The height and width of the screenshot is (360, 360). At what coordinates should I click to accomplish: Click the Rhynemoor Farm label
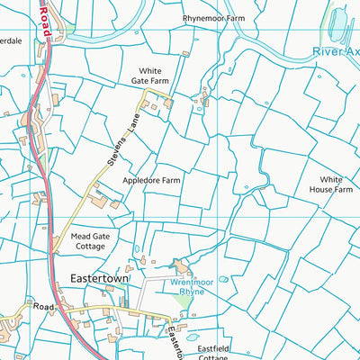tap(214, 17)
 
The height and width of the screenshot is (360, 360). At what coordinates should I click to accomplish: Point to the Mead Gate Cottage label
tap(89, 241)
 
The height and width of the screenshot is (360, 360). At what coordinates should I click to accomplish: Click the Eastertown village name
tap(100, 280)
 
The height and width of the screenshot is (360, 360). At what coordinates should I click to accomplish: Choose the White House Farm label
tap(331, 184)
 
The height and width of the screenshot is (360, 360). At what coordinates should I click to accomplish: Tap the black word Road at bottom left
tap(44, 306)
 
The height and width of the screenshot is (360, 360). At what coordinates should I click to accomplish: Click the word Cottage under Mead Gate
tap(89, 247)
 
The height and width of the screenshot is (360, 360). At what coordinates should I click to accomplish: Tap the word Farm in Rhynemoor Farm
tap(235, 17)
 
